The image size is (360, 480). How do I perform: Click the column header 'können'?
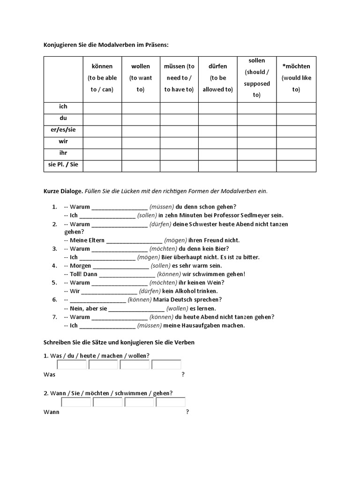(102, 67)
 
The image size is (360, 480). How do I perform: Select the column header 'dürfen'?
(217, 67)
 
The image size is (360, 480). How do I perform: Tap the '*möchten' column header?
(296, 67)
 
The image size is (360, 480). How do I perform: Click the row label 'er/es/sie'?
(63, 130)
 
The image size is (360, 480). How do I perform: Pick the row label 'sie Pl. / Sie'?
(63, 165)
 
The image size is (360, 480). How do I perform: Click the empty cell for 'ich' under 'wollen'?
(141, 107)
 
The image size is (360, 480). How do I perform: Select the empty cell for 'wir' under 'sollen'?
(256, 142)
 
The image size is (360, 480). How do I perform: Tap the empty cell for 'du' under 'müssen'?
(179, 119)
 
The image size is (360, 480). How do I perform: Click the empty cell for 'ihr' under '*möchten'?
(296, 153)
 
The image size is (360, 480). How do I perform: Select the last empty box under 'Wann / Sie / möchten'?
(171, 402)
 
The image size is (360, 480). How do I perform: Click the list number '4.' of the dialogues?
(54, 266)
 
